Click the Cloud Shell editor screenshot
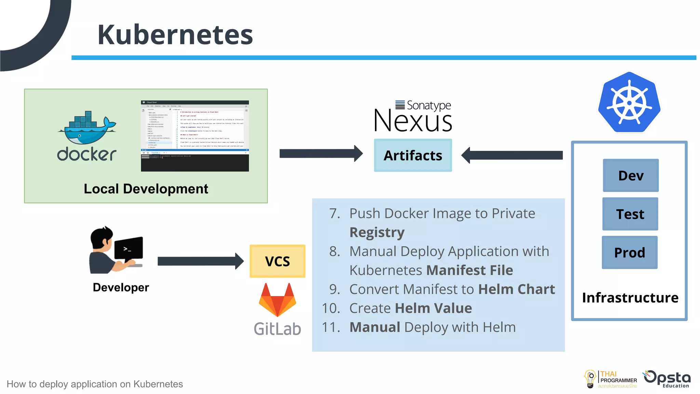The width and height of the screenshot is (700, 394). click(x=195, y=136)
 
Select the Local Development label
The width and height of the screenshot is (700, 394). click(x=146, y=189)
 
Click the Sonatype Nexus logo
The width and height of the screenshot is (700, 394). click(x=413, y=116)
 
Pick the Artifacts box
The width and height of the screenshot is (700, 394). click(x=413, y=155)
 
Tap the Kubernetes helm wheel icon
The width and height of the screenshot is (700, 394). click(x=629, y=103)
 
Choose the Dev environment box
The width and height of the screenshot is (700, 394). click(x=631, y=175)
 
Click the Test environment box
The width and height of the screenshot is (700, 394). click(x=630, y=214)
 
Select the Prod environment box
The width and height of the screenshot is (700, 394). click(x=630, y=252)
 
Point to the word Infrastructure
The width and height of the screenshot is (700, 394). click(x=630, y=298)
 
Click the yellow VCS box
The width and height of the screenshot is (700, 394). click(x=277, y=261)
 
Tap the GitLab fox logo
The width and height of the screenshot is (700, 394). click(x=277, y=300)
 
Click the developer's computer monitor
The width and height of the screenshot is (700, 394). click(x=129, y=249)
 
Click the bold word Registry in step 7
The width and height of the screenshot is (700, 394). click(x=377, y=233)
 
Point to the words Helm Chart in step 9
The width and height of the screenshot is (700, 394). click(x=516, y=289)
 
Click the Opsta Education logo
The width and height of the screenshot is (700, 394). click(x=667, y=379)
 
